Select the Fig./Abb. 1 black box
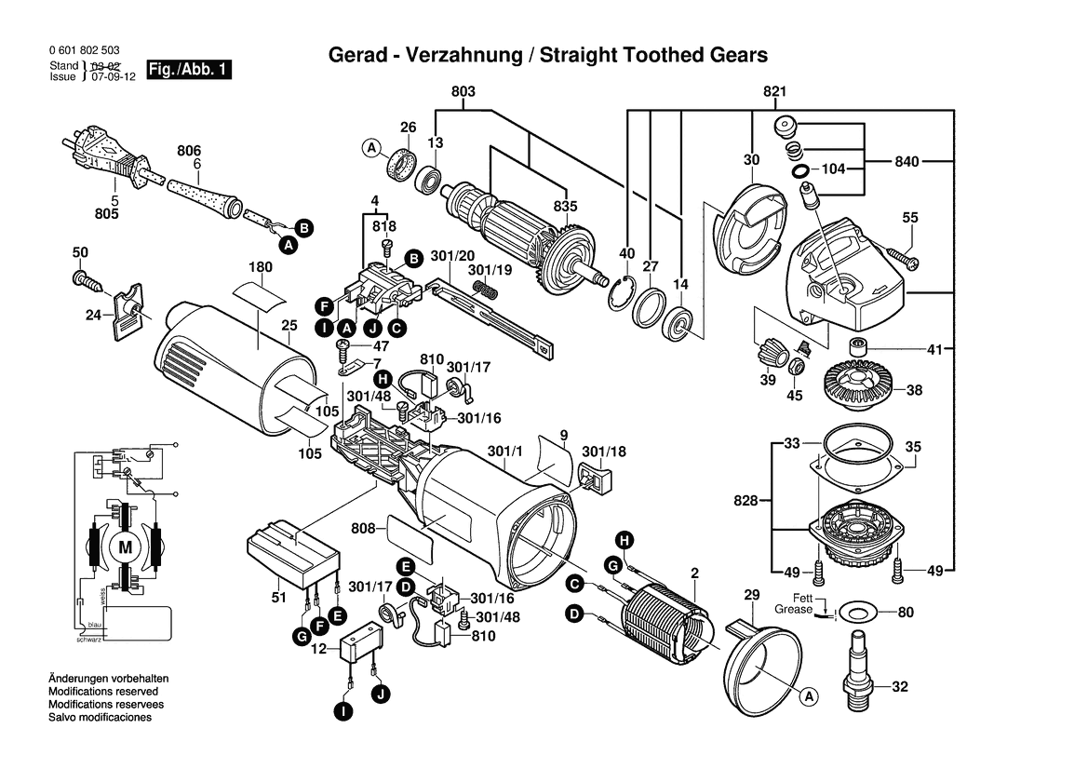point(189,71)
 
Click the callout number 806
point(189,149)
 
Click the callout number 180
point(260,267)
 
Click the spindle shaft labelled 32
point(858,667)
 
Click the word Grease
point(793,610)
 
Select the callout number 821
point(775,91)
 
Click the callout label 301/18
point(605,452)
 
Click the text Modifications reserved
point(103,692)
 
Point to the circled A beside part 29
point(808,696)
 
